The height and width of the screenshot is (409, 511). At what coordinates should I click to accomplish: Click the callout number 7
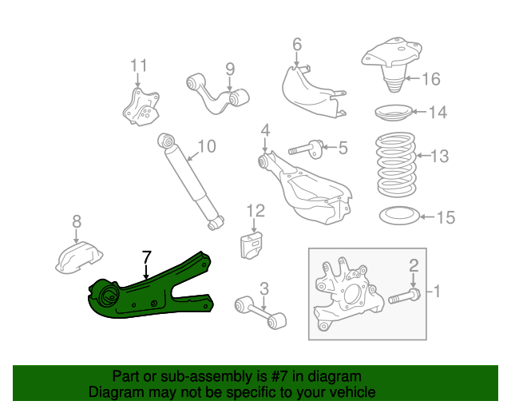(x=145, y=257)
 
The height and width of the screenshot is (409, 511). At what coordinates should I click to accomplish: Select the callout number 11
(x=139, y=65)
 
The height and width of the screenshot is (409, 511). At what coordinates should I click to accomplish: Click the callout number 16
(x=430, y=78)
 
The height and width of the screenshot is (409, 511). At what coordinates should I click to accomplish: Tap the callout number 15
(x=446, y=216)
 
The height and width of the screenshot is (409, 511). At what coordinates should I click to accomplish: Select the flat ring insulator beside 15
(x=396, y=216)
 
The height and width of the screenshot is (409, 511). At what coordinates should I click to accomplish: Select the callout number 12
(x=255, y=211)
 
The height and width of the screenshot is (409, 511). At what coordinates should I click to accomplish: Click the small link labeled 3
(x=259, y=312)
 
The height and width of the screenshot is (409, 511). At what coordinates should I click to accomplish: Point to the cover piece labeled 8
(x=80, y=258)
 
